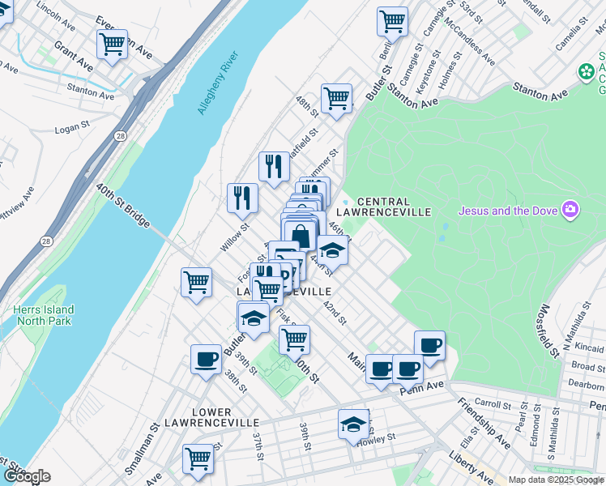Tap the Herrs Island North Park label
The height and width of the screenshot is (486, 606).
click(x=44, y=316)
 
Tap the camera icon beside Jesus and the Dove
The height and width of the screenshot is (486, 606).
click(x=571, y=211)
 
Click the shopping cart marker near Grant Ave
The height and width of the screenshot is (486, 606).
click(x=112, y=45)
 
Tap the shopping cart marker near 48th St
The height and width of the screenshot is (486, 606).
click(x=336, y=99)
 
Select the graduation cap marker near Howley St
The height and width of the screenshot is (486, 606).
click(x=352, y=424)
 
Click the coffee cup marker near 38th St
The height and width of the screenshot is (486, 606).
click(x=206, y=358)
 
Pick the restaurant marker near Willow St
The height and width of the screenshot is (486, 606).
click(x=242, y=196)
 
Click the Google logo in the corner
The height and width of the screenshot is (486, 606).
click(x=27, y=476)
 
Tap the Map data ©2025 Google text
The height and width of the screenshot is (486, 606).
click(x=557, y=480)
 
